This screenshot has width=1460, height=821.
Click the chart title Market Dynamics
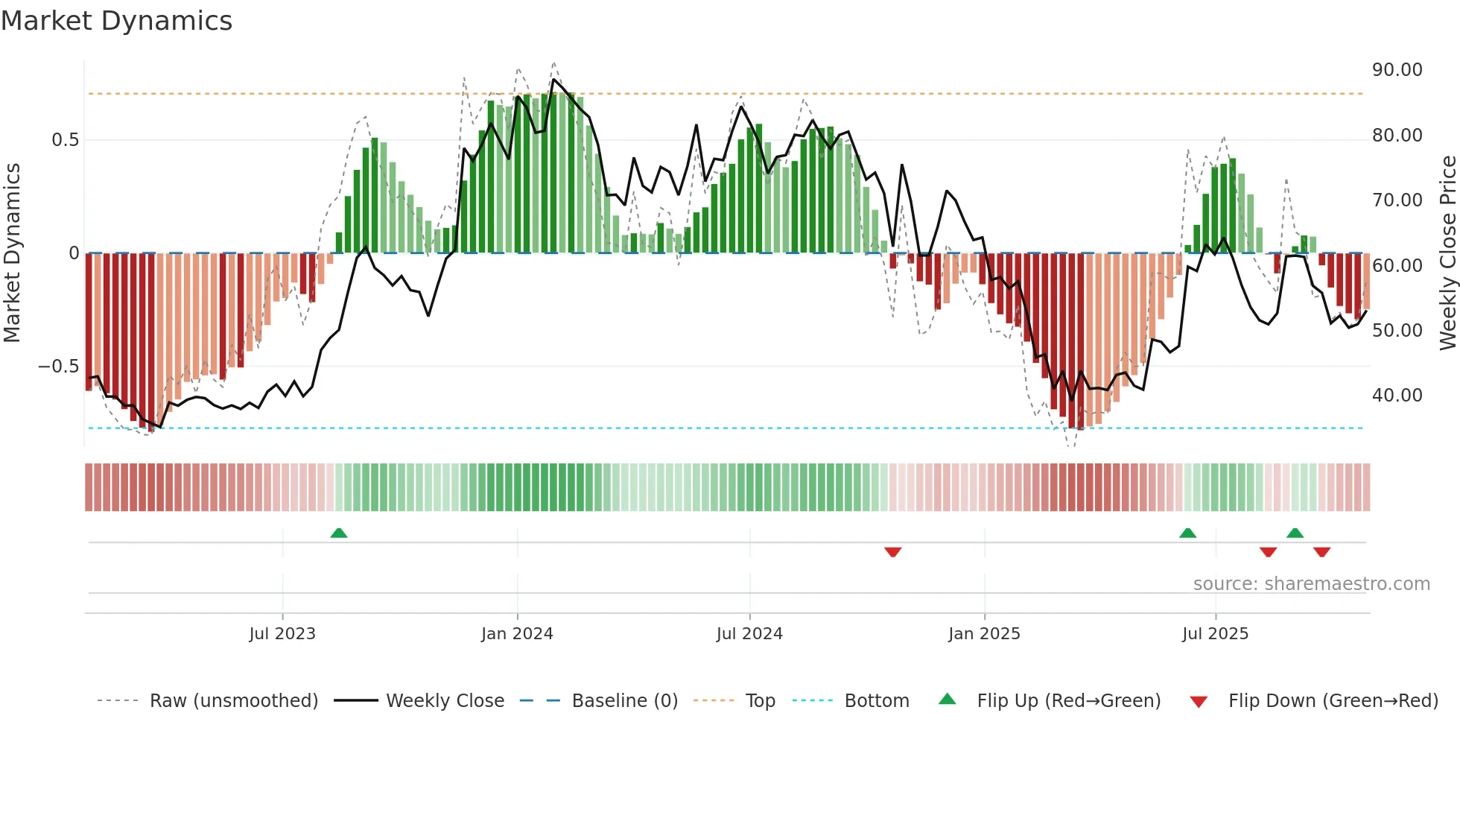[x=116, y=21]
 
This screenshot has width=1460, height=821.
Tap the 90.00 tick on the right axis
[x=1397, y=70]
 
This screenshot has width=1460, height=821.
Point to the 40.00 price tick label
[x=1397, y=396]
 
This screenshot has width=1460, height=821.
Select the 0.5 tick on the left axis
[x=65, y=140]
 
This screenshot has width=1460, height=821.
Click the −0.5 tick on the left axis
[x=59, y=367]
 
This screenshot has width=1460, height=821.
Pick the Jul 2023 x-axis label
[x=282, y=634]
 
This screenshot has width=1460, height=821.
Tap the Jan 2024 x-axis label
[x=517, y=634]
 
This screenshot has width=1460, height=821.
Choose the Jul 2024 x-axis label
[x=749, y=634]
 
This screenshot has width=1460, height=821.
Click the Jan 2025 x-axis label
[x=984, y=634]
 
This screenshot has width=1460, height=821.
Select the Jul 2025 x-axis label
[x=1215, y=634]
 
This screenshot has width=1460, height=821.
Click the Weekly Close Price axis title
[x=1447, y=253]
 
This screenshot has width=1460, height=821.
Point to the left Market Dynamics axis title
[x=12, y=253]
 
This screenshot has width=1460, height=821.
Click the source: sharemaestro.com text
[x=1311, y=584]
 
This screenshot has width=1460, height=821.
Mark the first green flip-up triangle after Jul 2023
[x=339, y=533]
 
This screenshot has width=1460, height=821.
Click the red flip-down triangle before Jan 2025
[x=892, y=552]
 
